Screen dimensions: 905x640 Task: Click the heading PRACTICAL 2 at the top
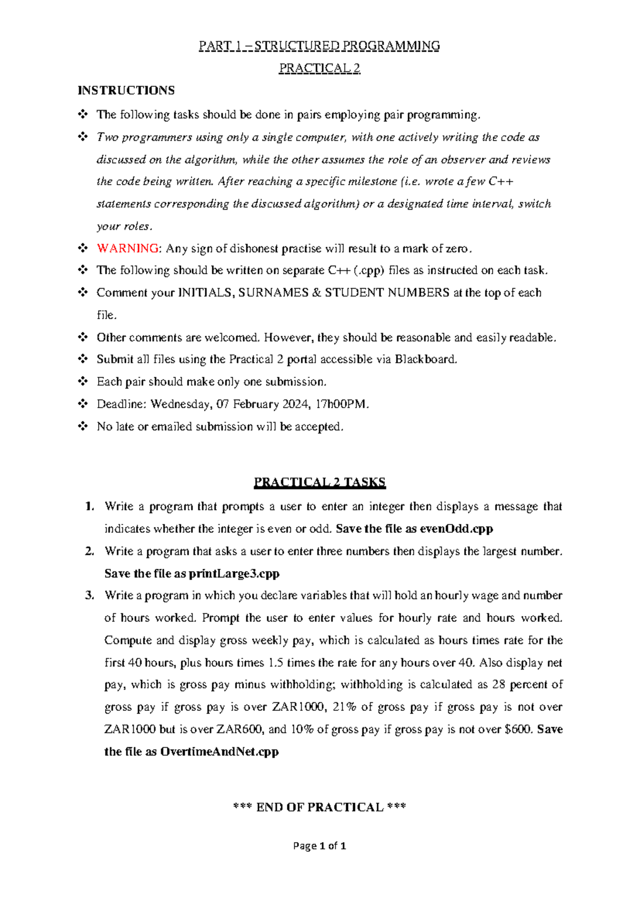[319, 68]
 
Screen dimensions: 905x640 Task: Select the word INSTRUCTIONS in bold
[126, 91]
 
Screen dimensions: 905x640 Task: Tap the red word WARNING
[127, 249]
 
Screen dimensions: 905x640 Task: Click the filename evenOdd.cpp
[457, 529]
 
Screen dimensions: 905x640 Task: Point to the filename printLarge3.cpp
[234, 574]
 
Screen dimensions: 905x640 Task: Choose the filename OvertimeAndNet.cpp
[219, 752]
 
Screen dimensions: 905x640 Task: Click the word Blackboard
[426, 360]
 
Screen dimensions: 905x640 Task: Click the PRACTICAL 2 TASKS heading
[319, 483]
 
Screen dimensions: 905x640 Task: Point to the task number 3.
[90, 596]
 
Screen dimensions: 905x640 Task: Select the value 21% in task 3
[345, 708]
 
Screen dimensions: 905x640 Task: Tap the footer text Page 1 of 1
[319, 846]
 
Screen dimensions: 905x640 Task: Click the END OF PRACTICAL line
[319, 807]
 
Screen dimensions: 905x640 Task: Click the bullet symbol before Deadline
[83, 404]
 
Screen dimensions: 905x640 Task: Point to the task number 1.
[90, 506]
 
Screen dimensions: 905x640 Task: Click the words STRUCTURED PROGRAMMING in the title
[347, 46]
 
